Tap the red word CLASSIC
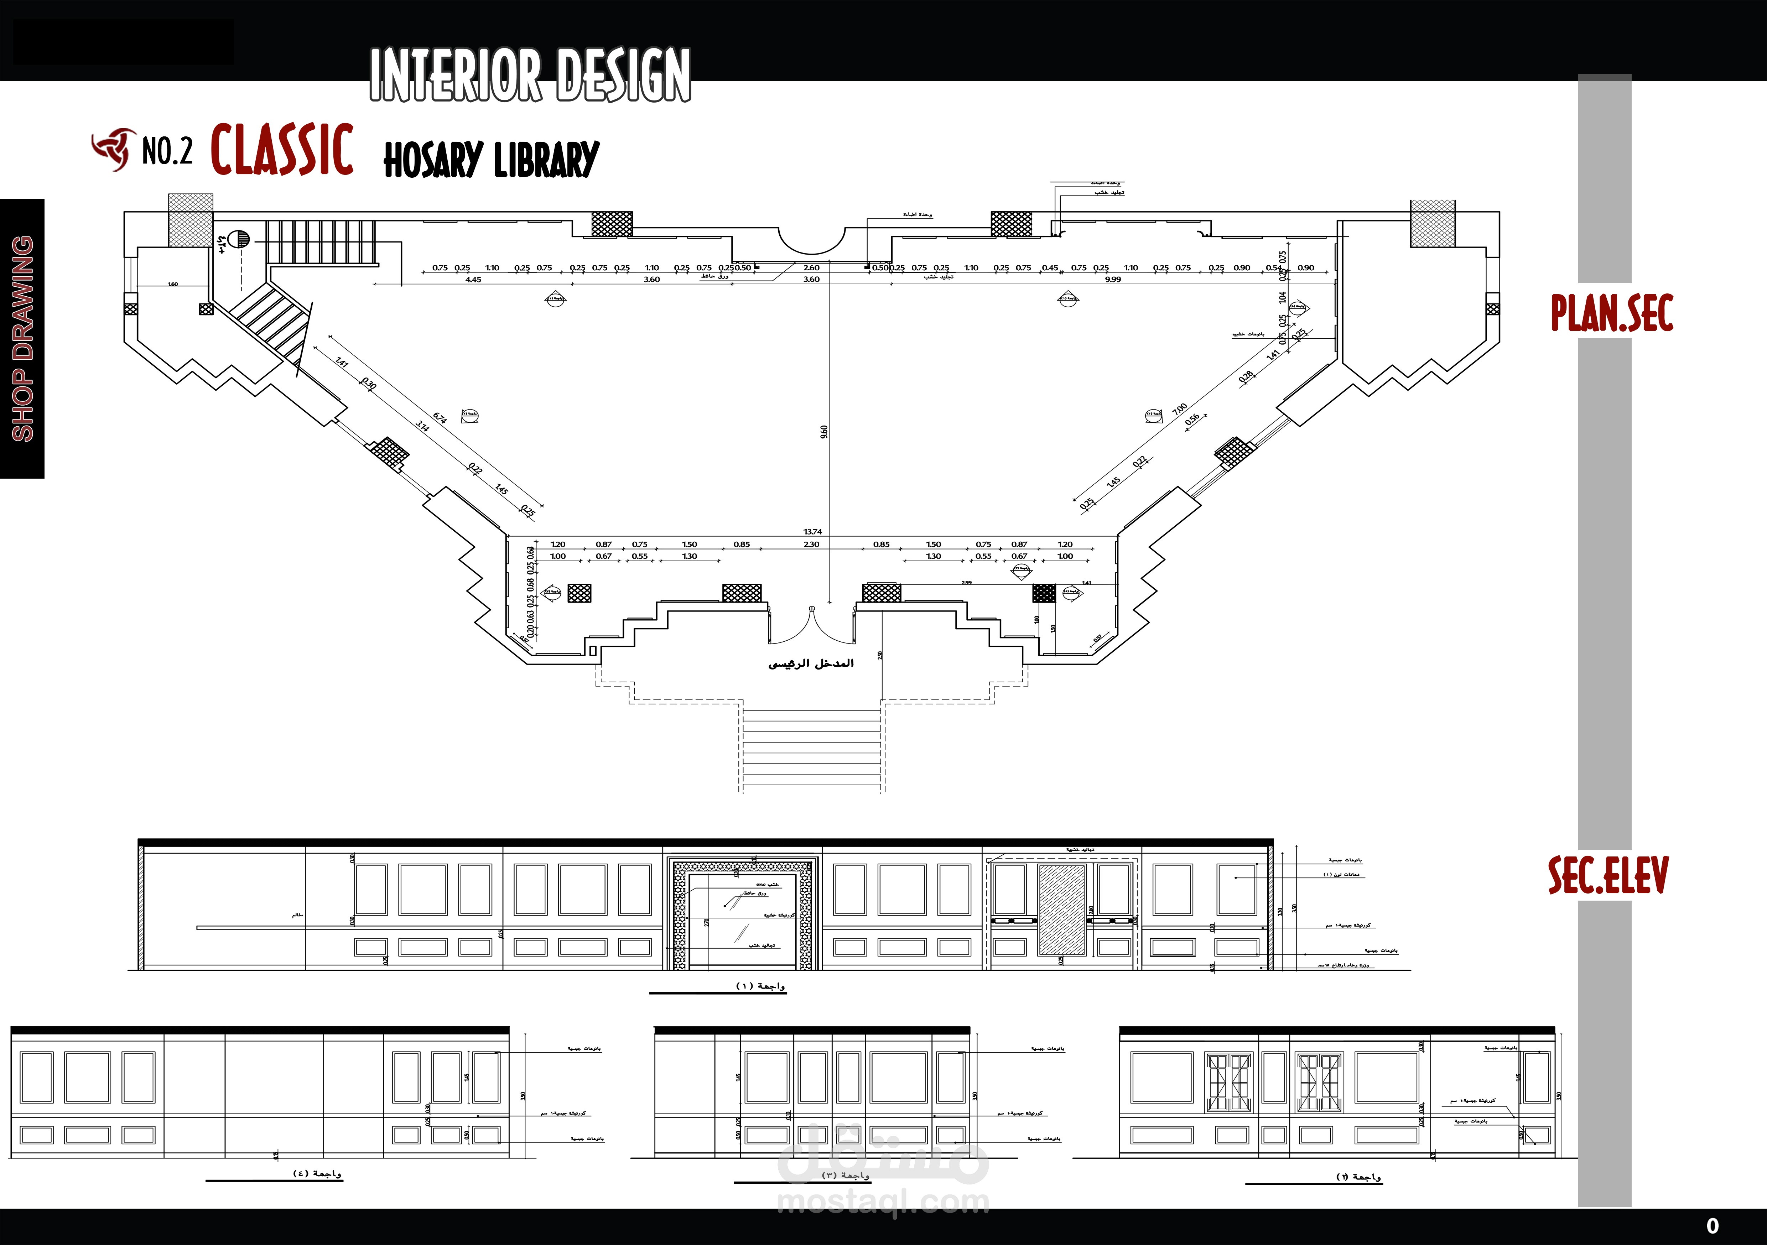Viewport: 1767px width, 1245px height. (282, 150)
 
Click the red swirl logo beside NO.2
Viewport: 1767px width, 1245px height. (112, 149)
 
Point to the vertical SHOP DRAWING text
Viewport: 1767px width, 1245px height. (22, 339)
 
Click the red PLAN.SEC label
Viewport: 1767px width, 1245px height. (1612, 313)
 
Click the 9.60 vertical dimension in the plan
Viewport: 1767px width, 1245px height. (824, 432)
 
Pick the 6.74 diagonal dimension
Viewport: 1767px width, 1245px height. (440, 418)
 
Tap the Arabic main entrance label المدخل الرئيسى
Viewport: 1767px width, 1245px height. (811, 663)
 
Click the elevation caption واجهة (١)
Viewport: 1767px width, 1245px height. (760, 986)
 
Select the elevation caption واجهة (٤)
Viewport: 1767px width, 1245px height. (317, 1173)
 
